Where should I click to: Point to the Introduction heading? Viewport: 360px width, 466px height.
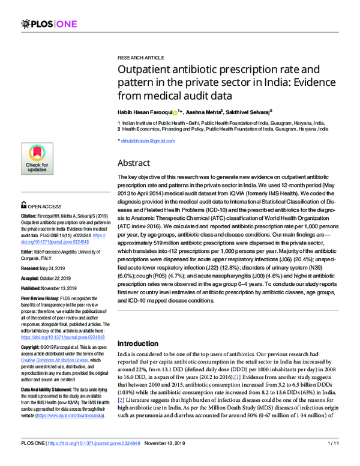point(143,343)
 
